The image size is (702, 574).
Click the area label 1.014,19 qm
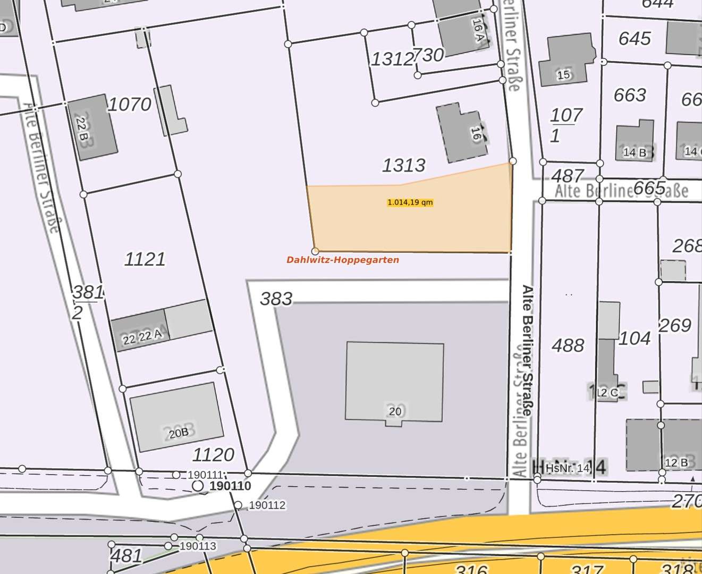tap(410, 202)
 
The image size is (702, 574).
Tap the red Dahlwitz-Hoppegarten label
tap(342, 260)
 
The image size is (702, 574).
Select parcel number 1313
tap(403, 165)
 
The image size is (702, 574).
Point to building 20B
tap(177, 417)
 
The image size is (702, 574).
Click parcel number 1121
tap(145, 259)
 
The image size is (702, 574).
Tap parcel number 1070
tap(129, 104)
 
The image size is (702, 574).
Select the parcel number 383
tap(276, 299)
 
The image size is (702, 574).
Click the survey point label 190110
tap(230, 486)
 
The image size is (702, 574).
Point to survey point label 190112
tap(267, 505)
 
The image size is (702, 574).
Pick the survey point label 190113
tap(198, 546)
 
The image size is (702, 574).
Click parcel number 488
tap(568, 345)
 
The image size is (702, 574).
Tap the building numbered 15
tap(565, 60)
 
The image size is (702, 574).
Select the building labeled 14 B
tap(635, 141)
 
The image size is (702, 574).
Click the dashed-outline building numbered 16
tap(462, 133)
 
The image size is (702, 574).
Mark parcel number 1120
tap(213, 455)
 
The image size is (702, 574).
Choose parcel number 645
tap(635, 39)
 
